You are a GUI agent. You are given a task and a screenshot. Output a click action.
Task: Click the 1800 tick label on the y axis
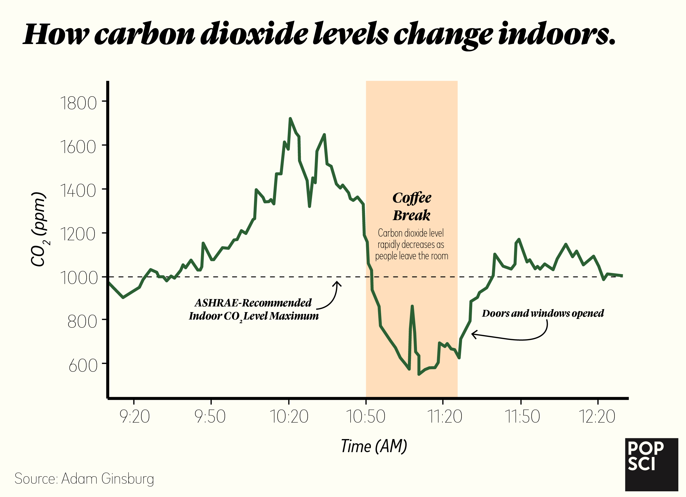[x=78, y=103]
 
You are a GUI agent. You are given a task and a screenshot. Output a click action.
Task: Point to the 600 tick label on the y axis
[x=83, y=366]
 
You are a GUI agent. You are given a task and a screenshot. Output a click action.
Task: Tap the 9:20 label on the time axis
[x=135, y=417]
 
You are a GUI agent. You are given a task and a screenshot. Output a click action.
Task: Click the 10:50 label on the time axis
[x=365, y=417]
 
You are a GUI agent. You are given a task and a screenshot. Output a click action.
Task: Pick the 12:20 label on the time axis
[x=597, y=417]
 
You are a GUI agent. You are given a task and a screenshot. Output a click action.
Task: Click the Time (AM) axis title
[x=374, y=446]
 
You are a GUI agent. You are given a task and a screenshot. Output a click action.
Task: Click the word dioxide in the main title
[x=254, y=34]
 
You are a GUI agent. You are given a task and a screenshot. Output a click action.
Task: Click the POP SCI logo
[x=651, y=464]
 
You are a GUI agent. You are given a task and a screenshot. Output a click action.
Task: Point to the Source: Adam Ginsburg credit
[x=84, y=479]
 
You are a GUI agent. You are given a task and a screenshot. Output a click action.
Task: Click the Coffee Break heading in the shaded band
[x=412, y=206]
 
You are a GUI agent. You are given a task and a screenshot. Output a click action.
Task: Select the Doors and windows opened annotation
[x=543, y=313]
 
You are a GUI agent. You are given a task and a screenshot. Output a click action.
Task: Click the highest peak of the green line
[x=290, y=118]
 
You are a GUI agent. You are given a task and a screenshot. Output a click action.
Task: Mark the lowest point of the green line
[x=419, y=374]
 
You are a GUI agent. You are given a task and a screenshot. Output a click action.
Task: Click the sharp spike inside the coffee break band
[x=412, y=306]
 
